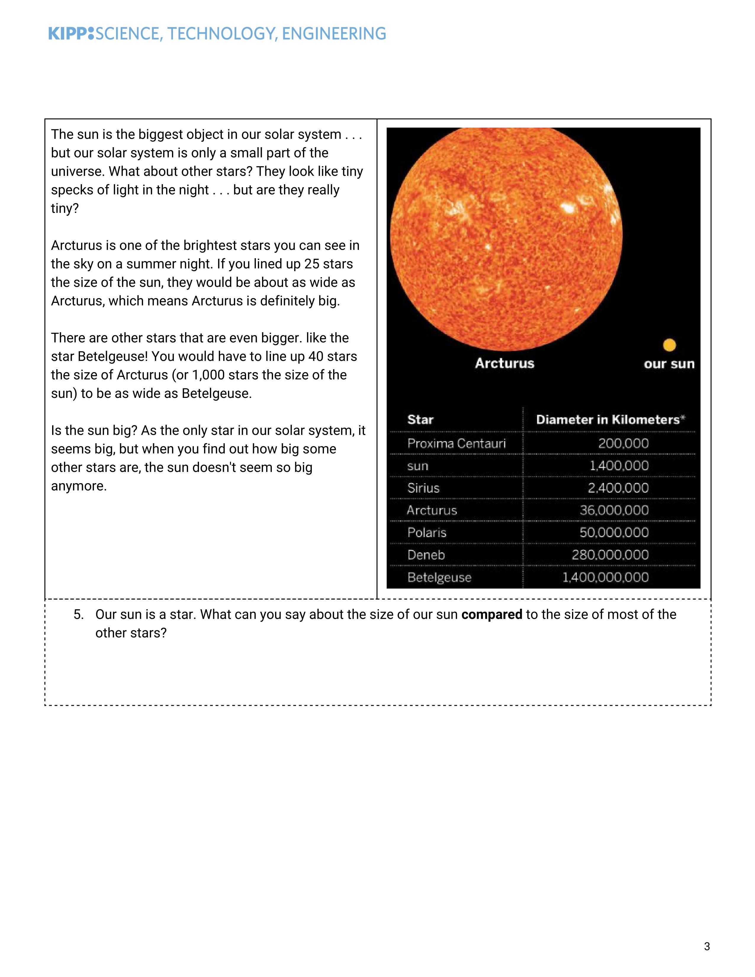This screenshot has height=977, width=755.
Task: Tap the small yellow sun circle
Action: click(x=669, y=345)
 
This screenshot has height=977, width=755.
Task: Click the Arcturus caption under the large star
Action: click(x=505, y=363)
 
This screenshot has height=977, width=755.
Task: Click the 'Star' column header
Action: click(x=420, y=420)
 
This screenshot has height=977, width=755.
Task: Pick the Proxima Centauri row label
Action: click(x=456, y=443)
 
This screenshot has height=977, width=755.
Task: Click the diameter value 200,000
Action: click(x=623, y=443)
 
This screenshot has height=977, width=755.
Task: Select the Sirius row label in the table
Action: click(x=423, y=488)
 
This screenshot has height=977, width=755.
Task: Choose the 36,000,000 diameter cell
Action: click(x=614, y=510)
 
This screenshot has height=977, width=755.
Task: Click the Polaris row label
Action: click(x=427, y=533)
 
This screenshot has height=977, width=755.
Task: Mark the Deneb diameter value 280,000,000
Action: click(x=610, y=555)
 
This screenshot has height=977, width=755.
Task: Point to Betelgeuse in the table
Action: click(x=439, y=578)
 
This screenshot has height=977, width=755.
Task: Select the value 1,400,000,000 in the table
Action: click(x=605, y=578)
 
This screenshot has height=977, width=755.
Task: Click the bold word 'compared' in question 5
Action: click(x=491, y=615)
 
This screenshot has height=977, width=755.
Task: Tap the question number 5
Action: click(x=78, y=615)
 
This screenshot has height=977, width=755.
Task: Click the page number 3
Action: click(x=707, y=946)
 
